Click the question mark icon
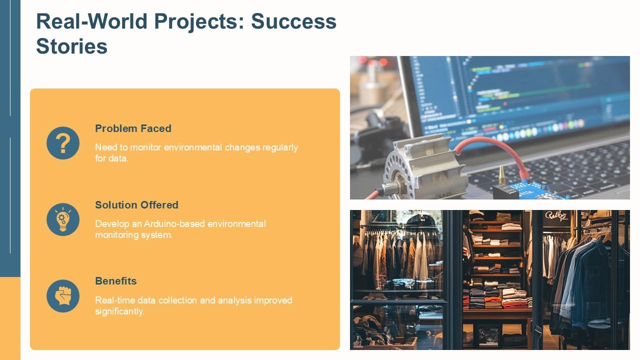(x=63, y=143)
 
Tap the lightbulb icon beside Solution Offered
(x=63, y=219)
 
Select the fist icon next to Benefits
(x=63, y=295)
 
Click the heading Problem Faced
(x=133, y=128)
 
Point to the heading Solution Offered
(x=136, y=205)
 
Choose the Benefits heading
(x=115, y=281)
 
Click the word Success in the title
(x=293, y=21)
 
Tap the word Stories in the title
(x=71, y=46)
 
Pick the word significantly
(x=119, y=311)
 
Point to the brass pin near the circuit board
(x=501, y=175)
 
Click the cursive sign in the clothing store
(x=556, y=216)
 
